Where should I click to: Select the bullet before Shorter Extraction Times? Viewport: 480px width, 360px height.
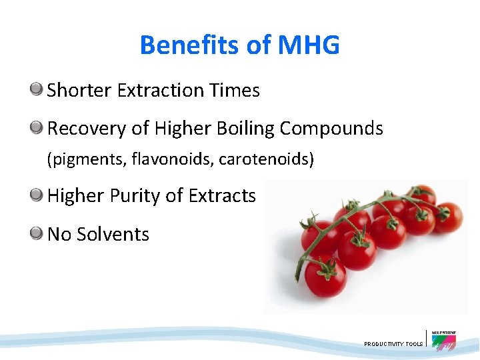click(x=37, y=89)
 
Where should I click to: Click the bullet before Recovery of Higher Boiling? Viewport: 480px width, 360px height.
click(x=37, y=127)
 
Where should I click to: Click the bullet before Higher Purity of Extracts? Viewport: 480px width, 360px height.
click(x=37, y=195)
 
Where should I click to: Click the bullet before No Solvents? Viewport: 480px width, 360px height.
click(x=37, y=233)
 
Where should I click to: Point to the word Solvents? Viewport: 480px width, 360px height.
click(x=113, y=235)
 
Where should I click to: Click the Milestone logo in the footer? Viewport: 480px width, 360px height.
click(x=443, y=341)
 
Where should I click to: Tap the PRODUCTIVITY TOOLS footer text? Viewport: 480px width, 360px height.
click(x=393, y=344)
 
